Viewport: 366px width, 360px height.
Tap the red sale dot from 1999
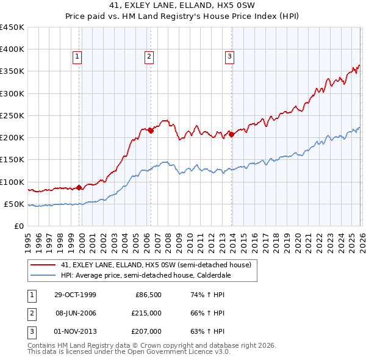(79, 188)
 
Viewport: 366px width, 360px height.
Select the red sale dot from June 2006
(151, 131)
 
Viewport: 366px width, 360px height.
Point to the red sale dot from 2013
(232, 134)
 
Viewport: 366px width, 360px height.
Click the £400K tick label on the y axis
(12, 49)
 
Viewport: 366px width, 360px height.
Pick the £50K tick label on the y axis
(13, 204)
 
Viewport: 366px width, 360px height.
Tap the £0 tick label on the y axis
(18, 226)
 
